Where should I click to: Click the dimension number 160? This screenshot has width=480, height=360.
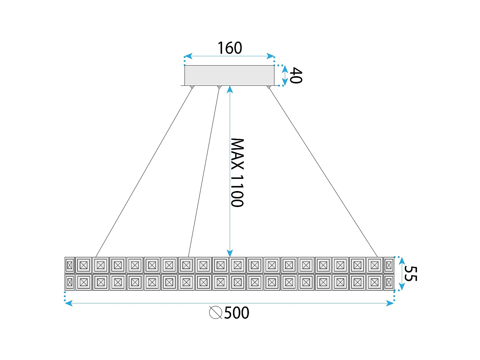(x=230, y=48)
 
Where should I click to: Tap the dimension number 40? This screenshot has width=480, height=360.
(x=295, y=76)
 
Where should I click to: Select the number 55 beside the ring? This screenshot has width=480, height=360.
(x=411, y=274)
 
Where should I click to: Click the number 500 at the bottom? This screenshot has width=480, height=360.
(x=236, y=313)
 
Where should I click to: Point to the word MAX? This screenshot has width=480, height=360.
(x=237, y=154)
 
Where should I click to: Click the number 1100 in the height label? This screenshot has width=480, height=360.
(x=237, y=191)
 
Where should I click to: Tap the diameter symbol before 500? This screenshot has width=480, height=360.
(x=216, y=313)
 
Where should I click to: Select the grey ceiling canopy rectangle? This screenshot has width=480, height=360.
(x=229, y=75)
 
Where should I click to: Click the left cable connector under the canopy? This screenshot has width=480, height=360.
(x=192, y=87)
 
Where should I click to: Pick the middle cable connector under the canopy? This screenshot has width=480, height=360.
(x=219, y=87)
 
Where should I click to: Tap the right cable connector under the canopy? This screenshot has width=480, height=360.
(x=269, y=87)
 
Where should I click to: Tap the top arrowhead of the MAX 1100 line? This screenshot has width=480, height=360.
(x=230, y=89)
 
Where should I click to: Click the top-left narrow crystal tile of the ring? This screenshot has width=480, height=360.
(x=70, y=265)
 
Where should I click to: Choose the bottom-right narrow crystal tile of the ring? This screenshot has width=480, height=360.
(x=389, y=282)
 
